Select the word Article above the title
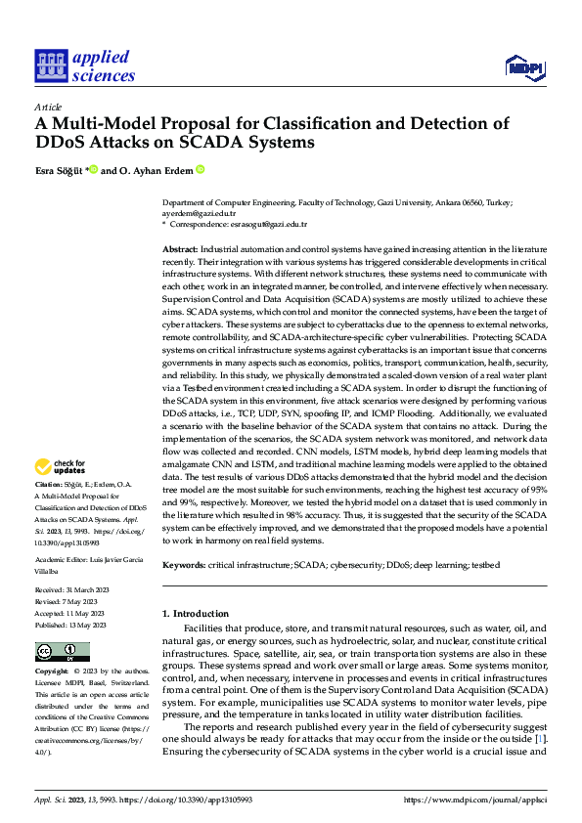coord(48,107)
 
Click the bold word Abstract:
coord(181,250)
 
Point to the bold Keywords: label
coord(184,565)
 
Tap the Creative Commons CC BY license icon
coord(62,652)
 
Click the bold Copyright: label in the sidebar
coord(52,672)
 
